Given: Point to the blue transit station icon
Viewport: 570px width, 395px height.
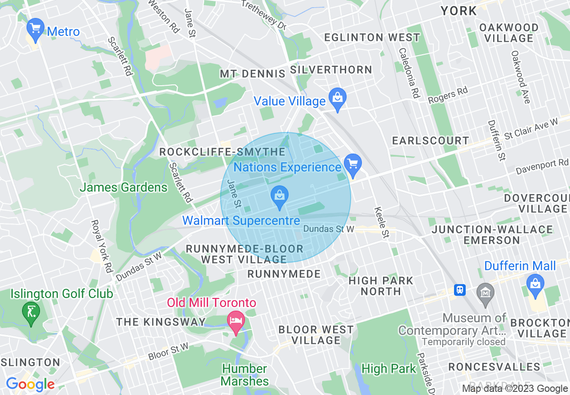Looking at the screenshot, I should pos(459,290).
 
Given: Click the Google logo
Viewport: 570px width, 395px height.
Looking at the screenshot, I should pos(30,384).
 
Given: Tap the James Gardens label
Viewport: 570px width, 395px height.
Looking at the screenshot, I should pos(124,187).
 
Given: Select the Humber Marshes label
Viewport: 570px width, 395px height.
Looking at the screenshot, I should pos(245,375).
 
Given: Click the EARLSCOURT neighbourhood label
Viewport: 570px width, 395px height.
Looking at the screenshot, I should pos(431,141).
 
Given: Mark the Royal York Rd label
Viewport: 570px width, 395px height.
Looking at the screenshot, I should pos(102,246).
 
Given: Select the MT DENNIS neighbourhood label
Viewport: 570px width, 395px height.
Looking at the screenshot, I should pos(252,74).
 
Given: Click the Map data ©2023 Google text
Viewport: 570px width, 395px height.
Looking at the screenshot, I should pos(515,389).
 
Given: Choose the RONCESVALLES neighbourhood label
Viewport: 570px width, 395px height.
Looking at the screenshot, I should pos(494,367).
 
